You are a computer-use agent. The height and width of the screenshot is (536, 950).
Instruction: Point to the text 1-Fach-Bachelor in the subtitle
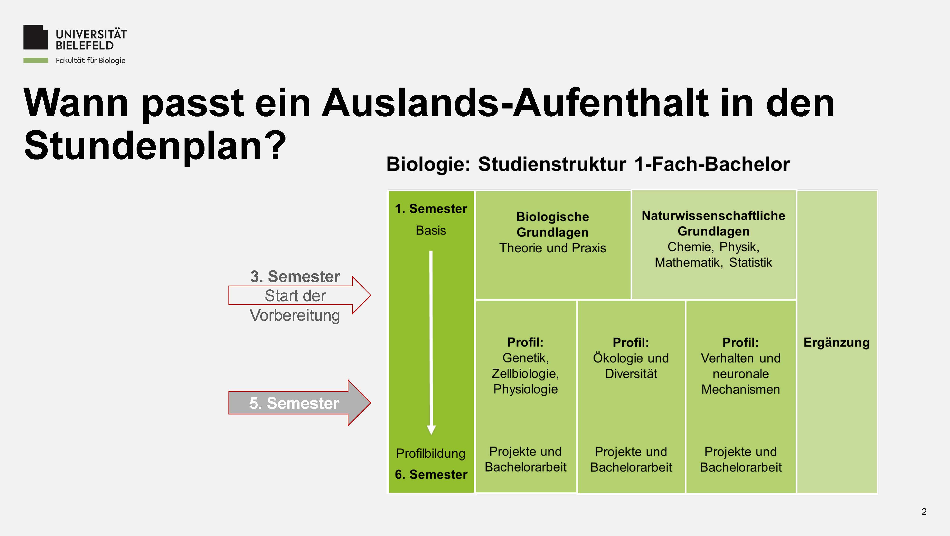click(712, 164)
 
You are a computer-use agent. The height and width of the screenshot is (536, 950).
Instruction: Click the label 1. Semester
click(431, 209)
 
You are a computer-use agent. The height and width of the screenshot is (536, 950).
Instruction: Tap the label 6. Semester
click(431, 475)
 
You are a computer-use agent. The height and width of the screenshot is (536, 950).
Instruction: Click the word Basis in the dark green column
click(431, 230)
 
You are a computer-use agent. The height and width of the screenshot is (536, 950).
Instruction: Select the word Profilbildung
click(431, 453)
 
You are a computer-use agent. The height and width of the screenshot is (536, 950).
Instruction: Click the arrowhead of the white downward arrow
click(431, 430)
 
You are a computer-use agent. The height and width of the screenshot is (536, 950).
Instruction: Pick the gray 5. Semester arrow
click(299, 403)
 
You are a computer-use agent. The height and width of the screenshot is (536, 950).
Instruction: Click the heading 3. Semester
click(295, 277)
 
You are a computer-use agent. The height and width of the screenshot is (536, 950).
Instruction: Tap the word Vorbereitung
click(295, 315)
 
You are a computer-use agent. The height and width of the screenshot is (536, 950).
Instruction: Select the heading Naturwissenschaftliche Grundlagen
click(714, 223)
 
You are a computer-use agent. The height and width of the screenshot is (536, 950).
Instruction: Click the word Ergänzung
click(836, 343)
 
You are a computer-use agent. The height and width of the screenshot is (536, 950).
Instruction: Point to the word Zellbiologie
click(525, 373)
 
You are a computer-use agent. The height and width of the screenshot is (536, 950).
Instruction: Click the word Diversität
click(631, 374)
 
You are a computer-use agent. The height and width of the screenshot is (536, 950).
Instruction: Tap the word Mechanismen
click(741, 389)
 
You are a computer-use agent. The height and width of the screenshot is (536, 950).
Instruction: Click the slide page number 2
click(924, 512)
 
